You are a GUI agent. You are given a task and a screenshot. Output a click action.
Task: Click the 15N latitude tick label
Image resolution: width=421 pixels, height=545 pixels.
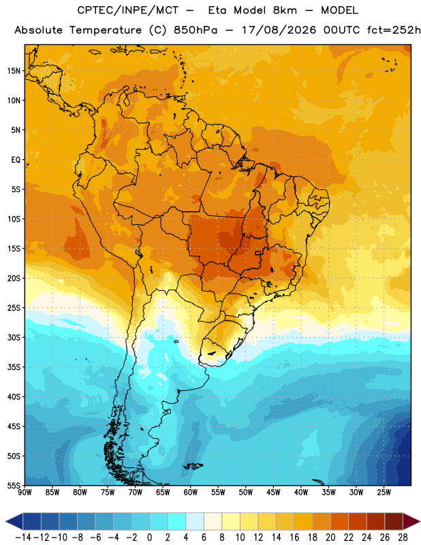coord(14,71)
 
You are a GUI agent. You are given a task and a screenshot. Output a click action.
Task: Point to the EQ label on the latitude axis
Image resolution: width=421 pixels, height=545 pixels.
coord(16,160)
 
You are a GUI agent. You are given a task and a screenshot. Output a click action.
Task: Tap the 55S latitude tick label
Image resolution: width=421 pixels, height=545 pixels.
coord(14,485)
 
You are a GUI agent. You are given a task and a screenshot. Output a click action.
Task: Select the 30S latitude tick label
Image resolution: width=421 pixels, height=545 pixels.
coord(14,337)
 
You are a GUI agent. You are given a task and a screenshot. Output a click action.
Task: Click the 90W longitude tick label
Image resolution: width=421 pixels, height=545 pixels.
coord(25,493)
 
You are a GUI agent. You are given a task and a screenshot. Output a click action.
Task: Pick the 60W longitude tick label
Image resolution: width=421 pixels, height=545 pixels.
coord(191,493)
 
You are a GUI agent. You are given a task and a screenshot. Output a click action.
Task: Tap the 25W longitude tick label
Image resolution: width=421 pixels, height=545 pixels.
coord(384,493)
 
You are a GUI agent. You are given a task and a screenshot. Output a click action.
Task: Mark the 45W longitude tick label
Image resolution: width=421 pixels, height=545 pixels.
coord(274,493)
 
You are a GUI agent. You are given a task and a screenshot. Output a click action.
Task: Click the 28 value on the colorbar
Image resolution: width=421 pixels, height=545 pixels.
coord(403,538)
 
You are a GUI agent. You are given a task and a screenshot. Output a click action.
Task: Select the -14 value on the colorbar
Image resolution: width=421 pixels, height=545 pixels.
coord(23,538)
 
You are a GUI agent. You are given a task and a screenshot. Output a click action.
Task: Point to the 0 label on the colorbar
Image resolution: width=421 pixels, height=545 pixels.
coord(149,538)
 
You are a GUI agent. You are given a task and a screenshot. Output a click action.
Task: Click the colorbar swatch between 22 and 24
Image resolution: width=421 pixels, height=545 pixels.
coord(358,521)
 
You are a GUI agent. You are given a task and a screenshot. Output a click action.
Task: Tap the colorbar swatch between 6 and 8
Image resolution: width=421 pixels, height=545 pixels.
coord(213,521)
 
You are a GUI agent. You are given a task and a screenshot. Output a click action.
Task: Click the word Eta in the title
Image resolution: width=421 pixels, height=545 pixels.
coord(217,10)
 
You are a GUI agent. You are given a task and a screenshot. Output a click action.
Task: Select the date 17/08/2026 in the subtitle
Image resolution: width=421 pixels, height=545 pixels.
coord(279,30)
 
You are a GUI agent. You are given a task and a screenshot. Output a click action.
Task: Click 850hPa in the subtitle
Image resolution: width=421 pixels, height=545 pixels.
coord(196,30)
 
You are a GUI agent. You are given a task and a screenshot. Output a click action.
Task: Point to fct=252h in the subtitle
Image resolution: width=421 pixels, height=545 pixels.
coord(394,30)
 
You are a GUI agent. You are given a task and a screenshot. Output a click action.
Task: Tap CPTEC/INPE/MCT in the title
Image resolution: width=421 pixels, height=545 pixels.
coord(128,11)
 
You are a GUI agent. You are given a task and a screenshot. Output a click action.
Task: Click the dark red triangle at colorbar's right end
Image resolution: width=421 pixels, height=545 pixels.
coord(411,521)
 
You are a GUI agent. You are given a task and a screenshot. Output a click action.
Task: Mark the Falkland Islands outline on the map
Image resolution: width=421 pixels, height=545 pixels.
coord(193,466)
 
